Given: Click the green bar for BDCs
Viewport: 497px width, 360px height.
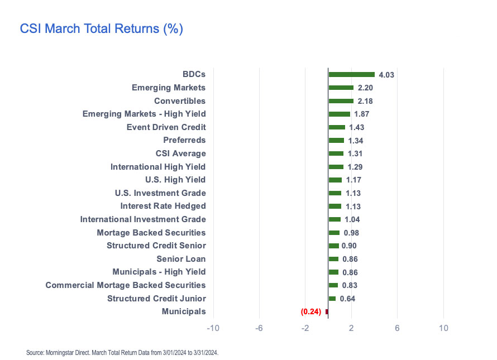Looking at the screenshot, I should [x=351, y=74].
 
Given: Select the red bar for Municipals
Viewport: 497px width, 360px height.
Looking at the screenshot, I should [x=327, y=311].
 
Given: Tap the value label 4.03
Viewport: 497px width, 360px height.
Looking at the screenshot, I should [x=387, y=75].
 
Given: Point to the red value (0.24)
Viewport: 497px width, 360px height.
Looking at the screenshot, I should [x=311, y=312].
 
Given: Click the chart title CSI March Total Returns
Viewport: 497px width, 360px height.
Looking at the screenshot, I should [x=101, y=28].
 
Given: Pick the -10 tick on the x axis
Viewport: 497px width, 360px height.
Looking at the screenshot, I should [x=213, y=328].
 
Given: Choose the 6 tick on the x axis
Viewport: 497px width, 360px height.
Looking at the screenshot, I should [x=397, y=328].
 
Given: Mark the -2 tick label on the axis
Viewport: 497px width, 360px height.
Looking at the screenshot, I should [x=305, y=328].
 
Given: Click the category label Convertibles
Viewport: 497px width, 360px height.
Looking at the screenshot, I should [x=180, y=101].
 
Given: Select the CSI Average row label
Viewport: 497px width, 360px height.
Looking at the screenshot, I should [x=180, y=153].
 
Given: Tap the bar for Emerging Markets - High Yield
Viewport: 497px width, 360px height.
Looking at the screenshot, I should [x=339, y=114].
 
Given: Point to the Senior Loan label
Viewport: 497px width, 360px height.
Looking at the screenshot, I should [x=181, y=258].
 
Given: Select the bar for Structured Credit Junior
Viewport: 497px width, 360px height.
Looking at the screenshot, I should [x=332, y=299].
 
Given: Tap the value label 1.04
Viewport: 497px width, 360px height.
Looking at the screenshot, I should [x=352, y=219].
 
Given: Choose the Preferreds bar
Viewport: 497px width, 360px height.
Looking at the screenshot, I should [x=336, y=140].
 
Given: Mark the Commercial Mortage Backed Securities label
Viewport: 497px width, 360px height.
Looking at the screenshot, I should [x=126, y=285].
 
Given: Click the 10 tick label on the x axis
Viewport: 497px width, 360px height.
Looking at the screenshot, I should [x=443, y=328].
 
